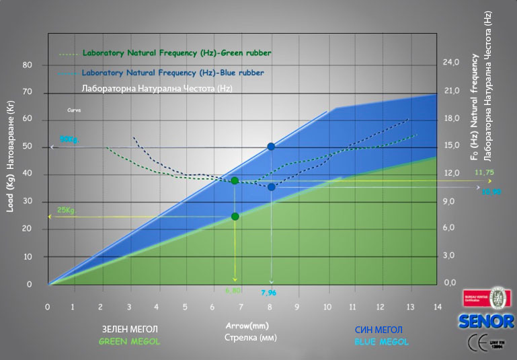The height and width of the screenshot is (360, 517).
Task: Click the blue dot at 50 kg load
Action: pos(271,146)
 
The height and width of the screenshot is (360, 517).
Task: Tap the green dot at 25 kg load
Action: pos(235,216)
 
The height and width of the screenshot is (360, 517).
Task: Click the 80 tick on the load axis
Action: pos(28,65)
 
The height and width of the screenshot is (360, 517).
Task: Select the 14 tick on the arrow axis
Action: pos(438,306)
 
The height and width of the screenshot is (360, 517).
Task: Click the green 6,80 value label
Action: pos(233,291)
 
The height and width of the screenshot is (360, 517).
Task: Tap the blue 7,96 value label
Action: pos(270,293)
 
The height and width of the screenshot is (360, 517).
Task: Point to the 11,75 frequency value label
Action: pos(485,173)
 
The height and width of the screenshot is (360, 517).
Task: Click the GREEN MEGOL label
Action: pos(130,342)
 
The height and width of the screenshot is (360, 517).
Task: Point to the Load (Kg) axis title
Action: pos(10,182)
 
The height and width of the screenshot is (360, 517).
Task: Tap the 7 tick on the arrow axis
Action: pos(243,306)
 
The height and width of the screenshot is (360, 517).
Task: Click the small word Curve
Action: pos(74,109)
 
